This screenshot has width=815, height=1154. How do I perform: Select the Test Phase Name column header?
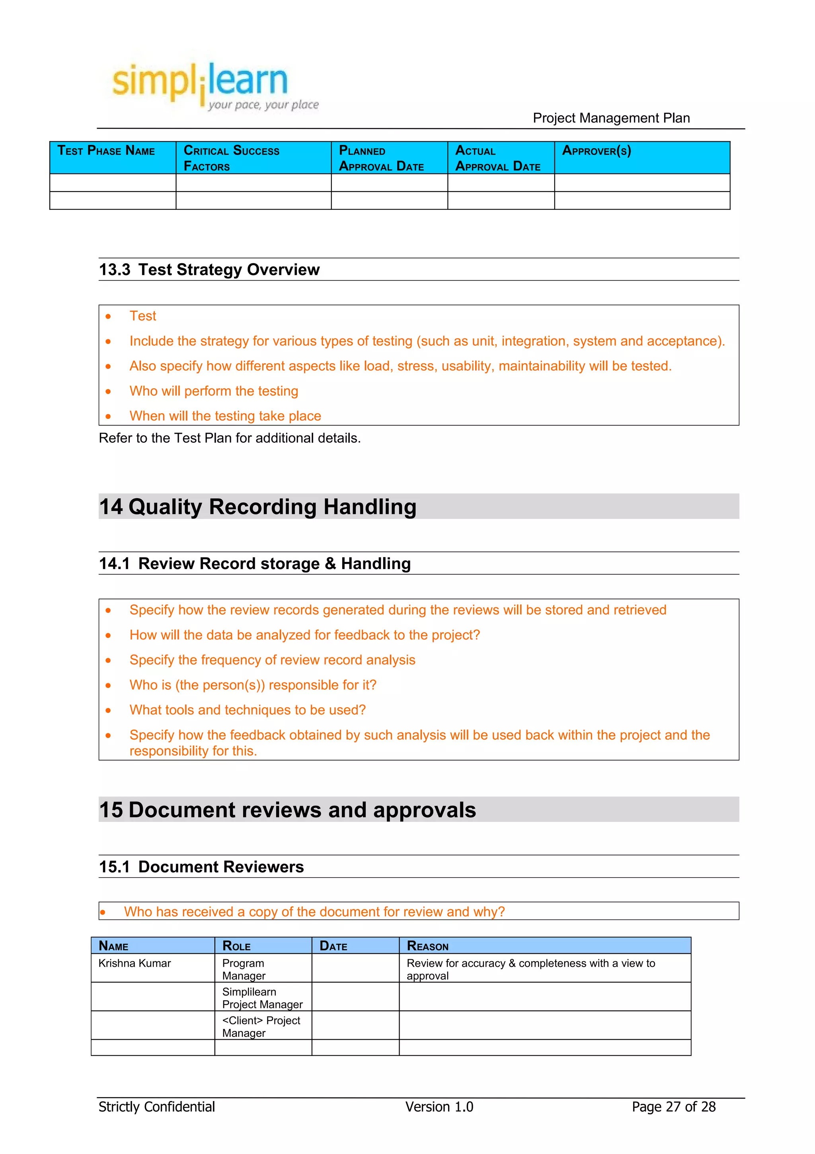(x=107, y=151)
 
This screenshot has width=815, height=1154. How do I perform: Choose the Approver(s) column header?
(x=596, y=151)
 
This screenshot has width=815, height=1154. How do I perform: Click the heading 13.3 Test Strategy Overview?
(x=209, y=270)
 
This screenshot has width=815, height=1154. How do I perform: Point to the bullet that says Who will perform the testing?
(x=213, y=391)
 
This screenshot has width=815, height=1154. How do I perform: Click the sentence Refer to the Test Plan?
(x=230, y=438)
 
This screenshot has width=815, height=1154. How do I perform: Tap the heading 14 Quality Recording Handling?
(x=257, y=507)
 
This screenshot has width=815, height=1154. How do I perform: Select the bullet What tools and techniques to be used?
(x=247, y=710)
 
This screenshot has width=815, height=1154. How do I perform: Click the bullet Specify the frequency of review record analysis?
(x=272, y=660)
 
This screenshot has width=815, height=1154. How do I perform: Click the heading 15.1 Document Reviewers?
(x=201, y=866)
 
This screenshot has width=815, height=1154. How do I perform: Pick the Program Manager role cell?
(x=244, y=969)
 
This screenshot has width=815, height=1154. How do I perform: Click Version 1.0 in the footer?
(x=439, y=1107)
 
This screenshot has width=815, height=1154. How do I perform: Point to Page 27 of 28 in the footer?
(x=673, y=1107)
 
